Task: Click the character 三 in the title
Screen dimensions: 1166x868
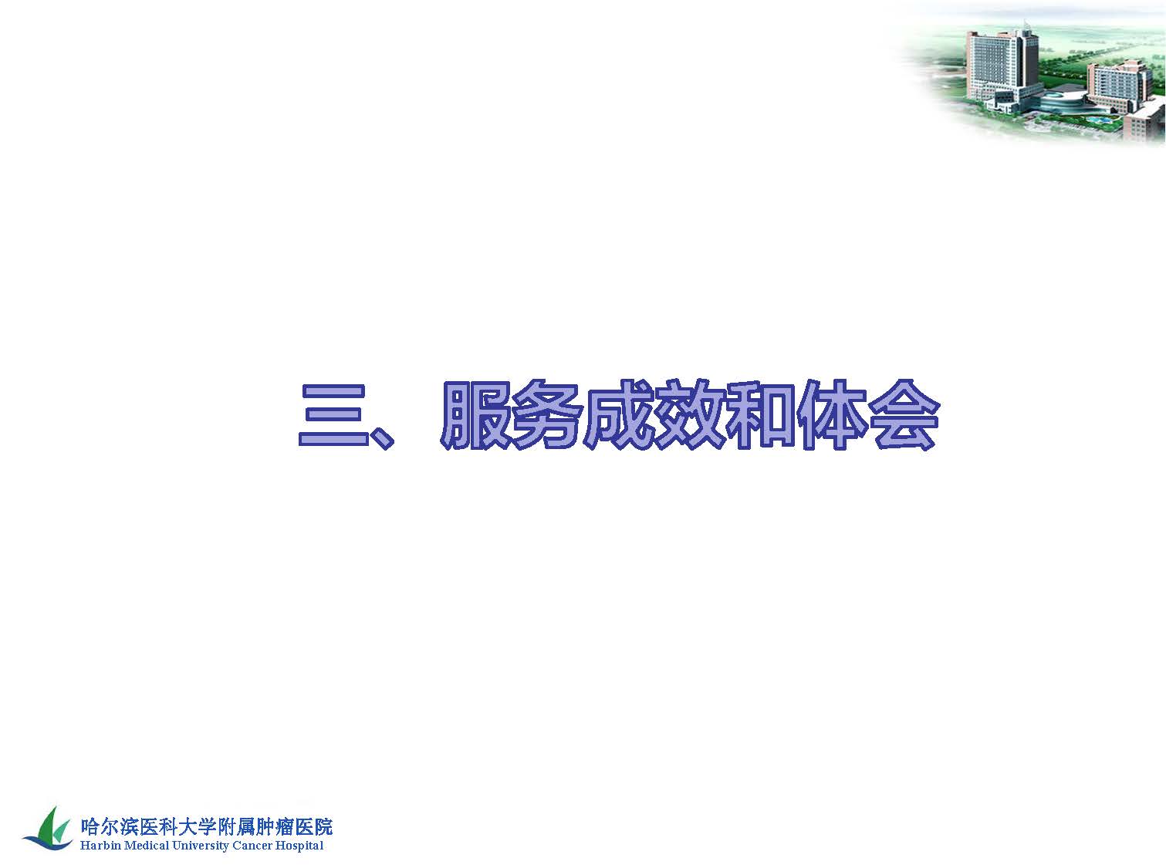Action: [x=333, y=415]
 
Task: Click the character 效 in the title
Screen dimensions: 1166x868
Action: [x=689, y=414]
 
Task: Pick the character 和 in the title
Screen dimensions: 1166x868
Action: [x=761, y=414]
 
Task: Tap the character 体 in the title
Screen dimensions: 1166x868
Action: [x=832, y=414]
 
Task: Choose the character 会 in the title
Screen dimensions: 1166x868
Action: [x=904, y=414]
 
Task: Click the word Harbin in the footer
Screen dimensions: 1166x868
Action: [x=100, y=846]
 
